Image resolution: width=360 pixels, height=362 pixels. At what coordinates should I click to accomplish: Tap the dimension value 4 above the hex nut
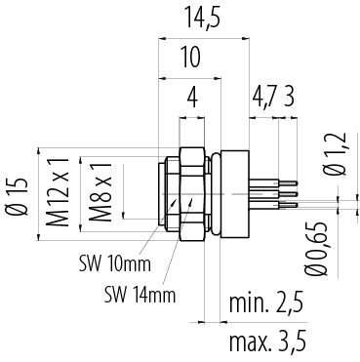point(192,99)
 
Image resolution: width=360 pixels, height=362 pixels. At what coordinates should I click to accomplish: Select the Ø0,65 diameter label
point(315,249)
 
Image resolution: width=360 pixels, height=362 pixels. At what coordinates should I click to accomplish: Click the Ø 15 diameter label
point(17,196)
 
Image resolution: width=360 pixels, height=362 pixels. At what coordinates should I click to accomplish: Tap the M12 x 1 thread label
point(58,192)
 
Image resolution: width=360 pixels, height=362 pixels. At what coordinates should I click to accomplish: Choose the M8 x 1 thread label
point(100,192)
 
